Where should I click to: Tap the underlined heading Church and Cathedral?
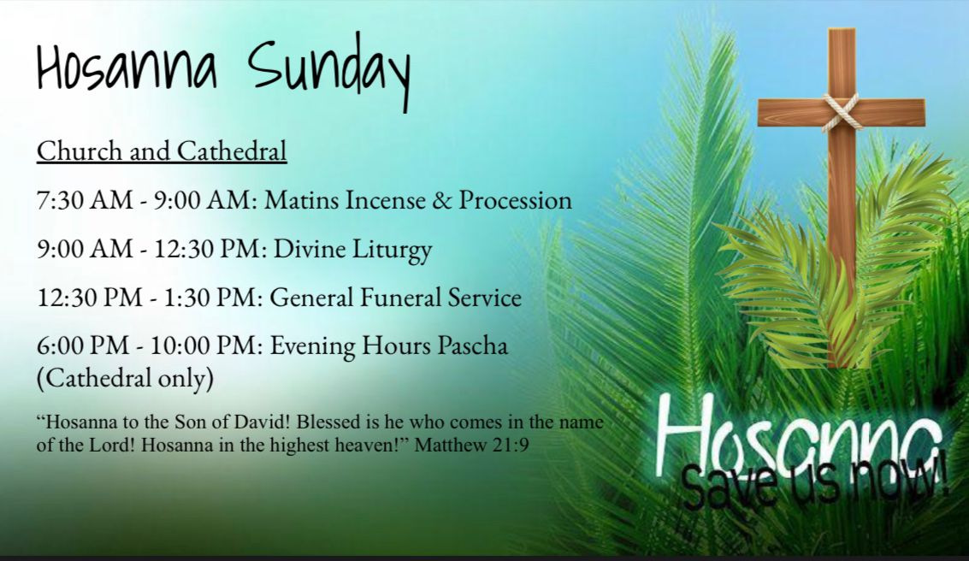pyautogui.click(x=162, y=151)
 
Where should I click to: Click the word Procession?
pyautogui.click(x=516, y=200)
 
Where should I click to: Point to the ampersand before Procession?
pyautogui.click(x=442, y=200)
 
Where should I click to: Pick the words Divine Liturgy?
pyautogui.click(x=353, y=249)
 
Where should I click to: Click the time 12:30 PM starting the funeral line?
pyautogui.click(x=90, y=298)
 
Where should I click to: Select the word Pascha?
pyautogui.click(x=473, y=345)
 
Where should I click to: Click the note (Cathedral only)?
pyautogui.click(x=126, y=377)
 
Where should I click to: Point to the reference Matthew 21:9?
pyautogui.click(x=471, y=445)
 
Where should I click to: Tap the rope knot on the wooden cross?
pyautogui.click(x=841, y=112)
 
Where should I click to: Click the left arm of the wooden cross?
pyautogui.click(x=792, y=112)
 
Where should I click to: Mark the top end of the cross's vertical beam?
pyautogui.click(x=842, y=29)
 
